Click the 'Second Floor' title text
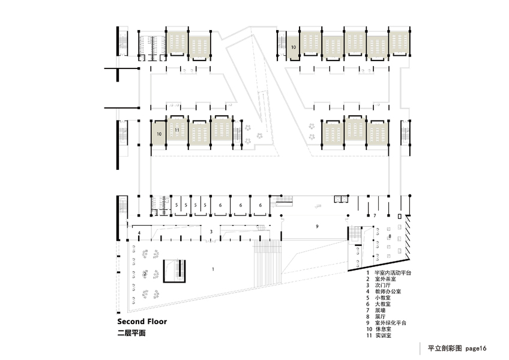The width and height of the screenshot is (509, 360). point(142,322)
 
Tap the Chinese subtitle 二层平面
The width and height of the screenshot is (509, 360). point(131,333)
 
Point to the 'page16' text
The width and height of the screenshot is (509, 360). point(475,348)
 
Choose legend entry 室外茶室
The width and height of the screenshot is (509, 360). point(387,279)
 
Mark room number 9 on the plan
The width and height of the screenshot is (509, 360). point(318,226)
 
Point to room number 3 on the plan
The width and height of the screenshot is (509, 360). point(211,231)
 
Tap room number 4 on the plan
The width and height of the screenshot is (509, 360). point(139,232)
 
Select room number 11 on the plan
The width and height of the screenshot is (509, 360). point(177,130)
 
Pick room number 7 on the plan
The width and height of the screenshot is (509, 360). point(374,214)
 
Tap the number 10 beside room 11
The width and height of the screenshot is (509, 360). point(159,134)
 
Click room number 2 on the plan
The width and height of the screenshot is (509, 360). point(145,274)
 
